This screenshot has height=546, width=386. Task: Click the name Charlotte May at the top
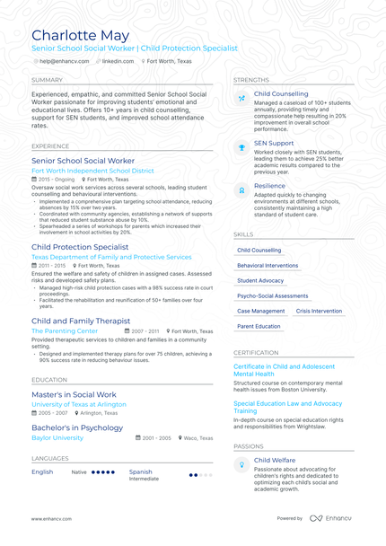(80, 35)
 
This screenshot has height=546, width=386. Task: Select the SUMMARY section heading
(47, 80)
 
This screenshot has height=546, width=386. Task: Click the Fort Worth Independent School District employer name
(92, 171)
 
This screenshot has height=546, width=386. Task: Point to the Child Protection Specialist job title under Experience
(80, 247)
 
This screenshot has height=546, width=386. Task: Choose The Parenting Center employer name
(65, 330)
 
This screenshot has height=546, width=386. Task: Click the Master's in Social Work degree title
(74, 394)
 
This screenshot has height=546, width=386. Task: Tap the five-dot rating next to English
(103, 471)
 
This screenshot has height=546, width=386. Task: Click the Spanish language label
(140, 471)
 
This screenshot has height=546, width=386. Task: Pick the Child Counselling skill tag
(259, 251)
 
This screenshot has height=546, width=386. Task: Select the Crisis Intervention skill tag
(319, 311)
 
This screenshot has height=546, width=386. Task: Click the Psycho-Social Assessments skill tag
(272, 295)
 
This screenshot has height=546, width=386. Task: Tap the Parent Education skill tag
(259, 326)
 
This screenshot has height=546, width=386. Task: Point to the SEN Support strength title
(274, 143)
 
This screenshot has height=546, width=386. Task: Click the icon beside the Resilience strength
(241, 190)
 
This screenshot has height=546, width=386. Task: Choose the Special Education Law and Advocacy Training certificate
(287, 407)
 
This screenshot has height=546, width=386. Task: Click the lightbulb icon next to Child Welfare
(241, 464)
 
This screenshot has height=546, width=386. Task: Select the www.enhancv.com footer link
(51, 518)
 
